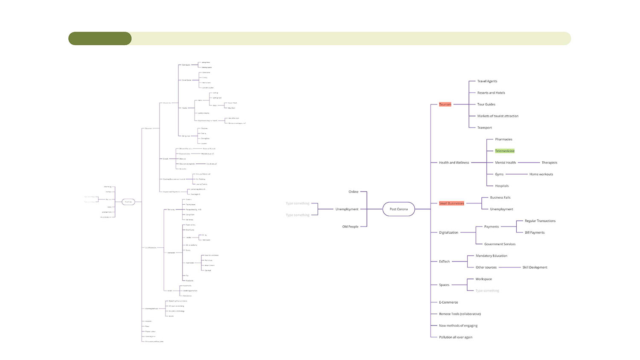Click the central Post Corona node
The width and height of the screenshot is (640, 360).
(399, 209)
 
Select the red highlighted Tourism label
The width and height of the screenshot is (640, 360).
(445, 105)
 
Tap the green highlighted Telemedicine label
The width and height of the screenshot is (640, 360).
(504, 151)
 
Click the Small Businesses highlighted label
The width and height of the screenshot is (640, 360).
(451, 203)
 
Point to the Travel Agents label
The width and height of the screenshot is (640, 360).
(487, 81)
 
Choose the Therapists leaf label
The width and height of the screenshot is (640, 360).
(549, 163)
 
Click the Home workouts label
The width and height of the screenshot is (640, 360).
(541, 174)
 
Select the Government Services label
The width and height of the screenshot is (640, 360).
(500, 244)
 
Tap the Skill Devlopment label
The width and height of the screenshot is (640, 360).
(535, 267)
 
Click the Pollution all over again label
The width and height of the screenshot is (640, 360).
(455, 337)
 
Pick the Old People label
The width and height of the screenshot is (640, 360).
(350, 226)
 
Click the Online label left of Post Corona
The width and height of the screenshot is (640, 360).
(353, 192)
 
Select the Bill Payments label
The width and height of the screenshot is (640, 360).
(534, 232)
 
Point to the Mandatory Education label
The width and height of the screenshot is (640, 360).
(491, 256)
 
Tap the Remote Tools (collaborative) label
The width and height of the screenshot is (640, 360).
(460, 314)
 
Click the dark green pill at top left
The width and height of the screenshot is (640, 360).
(100, 38)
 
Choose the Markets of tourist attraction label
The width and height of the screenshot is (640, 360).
(497, 116)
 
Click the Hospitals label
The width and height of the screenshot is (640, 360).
(502, 186)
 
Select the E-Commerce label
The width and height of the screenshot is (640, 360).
(448, 302)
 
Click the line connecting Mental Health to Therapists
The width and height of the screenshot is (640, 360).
(529, 163)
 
